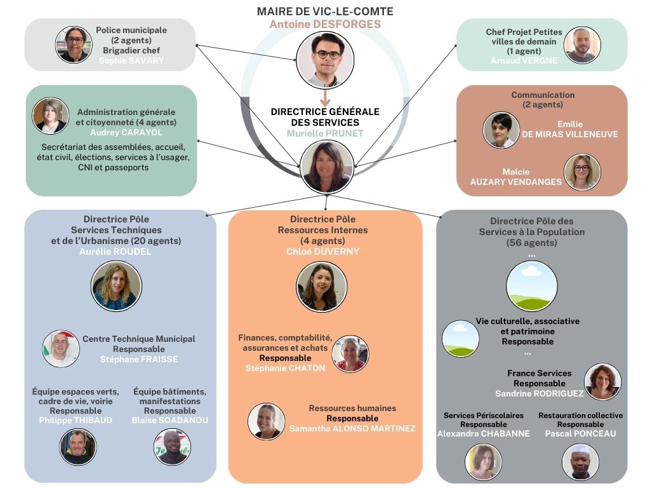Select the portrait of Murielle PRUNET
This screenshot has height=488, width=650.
pyautogui.click(x=327, y=166)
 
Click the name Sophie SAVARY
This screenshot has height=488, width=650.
pyautogui.click(x=131, y=61)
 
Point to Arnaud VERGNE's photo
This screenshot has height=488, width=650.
pyautogui.click(x=581, y=44)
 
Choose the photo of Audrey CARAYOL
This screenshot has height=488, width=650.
pyautogui.click(x=50, y=116)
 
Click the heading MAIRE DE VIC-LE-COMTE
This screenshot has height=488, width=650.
pyautogui.click(x=325, y=11)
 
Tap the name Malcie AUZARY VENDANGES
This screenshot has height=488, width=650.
pyautogui.click(x=515, y=177)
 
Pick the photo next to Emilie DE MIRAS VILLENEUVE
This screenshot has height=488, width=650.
pyautogui.click(x=501, y=130)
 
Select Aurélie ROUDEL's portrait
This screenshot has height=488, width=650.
pyautogui.click(x=116, y=285)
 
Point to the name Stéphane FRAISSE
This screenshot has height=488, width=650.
pyautogui.click(x=139, y=359)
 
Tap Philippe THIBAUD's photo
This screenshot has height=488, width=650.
pyautogui.click(x=78, y=446)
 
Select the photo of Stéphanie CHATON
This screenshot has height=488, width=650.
pyautogui.click(x=350, y=354)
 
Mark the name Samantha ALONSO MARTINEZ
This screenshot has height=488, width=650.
pyautogui.click(x=352, y=429)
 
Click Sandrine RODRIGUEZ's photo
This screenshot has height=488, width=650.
pyautogui.click(x=602, y=381)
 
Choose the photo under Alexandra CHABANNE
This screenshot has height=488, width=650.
pyautogui.click(x=483, y=461)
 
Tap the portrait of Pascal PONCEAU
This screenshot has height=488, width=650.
pyautogui.click(x=580, y=461)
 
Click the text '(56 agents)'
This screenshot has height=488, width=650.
pyautogui.click(x=531, y=243)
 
